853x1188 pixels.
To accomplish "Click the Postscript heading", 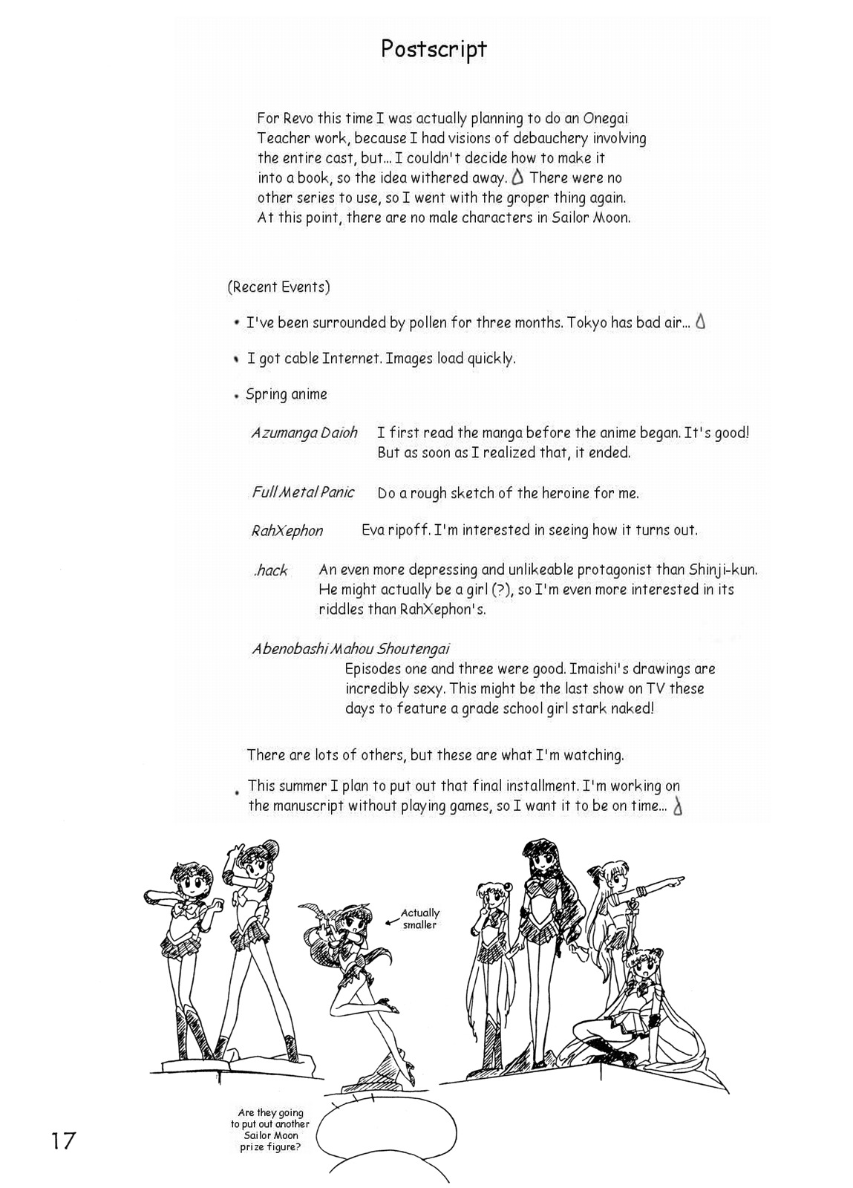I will click(x=434, y=50).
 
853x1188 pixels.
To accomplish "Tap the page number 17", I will click(x=63, y=1140).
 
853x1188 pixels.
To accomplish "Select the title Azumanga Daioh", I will click(x=304, y=433).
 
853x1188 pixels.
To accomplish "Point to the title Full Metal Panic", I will click(x=303, y=492).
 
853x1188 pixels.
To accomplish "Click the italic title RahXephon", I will click(x=287, y=531).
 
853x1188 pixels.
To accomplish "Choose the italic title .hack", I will click(x=270, y=571).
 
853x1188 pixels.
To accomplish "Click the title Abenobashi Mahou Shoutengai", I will click(x=350, y=649).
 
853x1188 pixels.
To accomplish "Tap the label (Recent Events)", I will click(x=278, y=287).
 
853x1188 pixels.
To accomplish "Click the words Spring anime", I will click(x=287, y=394).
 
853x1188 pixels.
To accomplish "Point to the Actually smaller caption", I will click(x=420, y=918).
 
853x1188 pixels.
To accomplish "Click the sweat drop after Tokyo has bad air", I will click(x=700, y=322).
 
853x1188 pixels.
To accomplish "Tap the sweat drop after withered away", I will click(x=517, y=177).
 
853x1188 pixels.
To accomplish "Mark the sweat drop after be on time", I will click(x=677, y=807).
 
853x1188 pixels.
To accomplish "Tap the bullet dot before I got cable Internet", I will click(x=236, y=359).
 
